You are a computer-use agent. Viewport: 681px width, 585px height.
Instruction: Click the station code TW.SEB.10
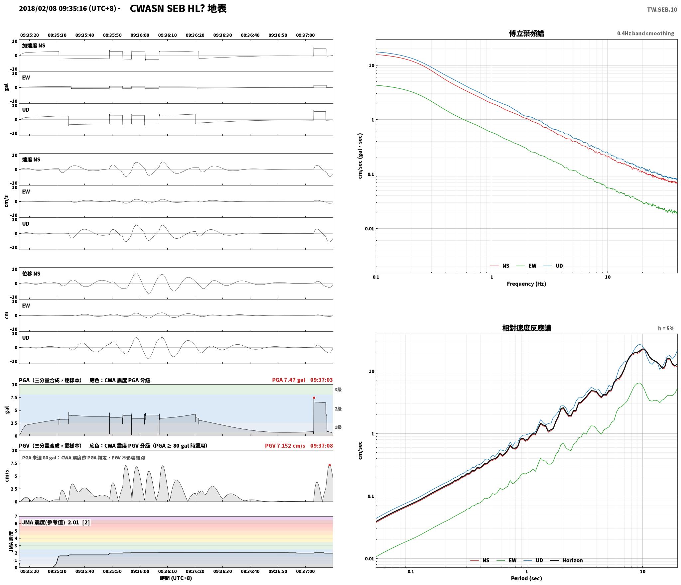[662, 9]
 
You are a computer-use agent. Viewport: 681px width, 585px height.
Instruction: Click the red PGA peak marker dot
[314, 398]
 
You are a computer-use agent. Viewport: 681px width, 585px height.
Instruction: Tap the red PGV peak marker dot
[330, 465]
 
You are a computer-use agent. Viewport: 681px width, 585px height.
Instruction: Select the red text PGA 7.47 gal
[288, 380]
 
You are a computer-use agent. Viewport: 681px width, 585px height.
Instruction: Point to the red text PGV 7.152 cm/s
[285, 446]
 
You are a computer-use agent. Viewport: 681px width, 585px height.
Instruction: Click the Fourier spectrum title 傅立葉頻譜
[526, 34]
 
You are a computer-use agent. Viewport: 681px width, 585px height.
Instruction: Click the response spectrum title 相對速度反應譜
[526, 328]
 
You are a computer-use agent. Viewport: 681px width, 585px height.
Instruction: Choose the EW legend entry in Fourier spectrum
[526, 266]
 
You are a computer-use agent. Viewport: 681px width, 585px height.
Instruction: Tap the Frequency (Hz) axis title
[526, 284]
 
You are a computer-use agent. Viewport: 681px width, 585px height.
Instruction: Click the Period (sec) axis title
[526, 578]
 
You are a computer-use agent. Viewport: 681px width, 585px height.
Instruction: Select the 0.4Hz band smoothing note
[645, 34]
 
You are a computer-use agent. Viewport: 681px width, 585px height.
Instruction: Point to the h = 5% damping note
[666, 328]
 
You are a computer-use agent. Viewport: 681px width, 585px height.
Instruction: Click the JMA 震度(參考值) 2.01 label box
[56, 523]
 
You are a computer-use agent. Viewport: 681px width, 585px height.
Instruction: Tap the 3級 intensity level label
[338, 390]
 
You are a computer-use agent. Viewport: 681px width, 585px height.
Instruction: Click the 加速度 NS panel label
[34, 46]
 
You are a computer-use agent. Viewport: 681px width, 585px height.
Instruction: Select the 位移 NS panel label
[31, 274]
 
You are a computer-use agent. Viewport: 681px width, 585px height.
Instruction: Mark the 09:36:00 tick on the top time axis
[140, 35]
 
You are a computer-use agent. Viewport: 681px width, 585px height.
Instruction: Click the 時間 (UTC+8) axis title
[176, 578]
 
